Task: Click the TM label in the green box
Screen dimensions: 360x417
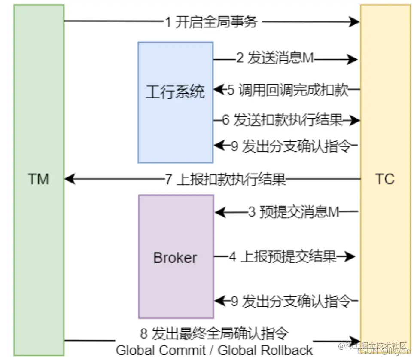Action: pyautogui.click(x=39, y=179)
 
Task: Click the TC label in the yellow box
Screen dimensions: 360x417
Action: pyautogui.click(x=384, y=179)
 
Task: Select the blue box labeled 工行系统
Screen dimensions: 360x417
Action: pyautogui.click(x=175, y=102)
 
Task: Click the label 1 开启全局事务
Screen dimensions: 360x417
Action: pyautogui.click(x=211, y=21)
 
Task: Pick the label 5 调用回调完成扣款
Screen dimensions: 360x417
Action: pyautogui.click(x=287, y=90)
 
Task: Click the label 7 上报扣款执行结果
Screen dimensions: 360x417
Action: pyautogui.click(x=225, y=179)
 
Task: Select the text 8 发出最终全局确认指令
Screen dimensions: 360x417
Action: pyautogui.click(x=214, y=333)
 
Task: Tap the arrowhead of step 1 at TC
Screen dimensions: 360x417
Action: pyautogui.click(x=354, y=21)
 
